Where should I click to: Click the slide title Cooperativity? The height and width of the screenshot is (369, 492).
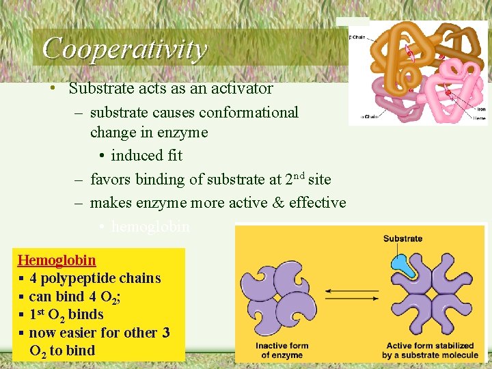124,49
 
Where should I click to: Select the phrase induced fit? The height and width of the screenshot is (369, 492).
146,156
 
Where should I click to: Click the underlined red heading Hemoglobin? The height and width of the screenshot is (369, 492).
57,260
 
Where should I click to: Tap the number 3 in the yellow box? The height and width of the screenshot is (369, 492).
165,333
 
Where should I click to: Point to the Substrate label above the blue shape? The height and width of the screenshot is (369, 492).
402,238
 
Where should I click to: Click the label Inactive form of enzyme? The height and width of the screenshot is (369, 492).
282,350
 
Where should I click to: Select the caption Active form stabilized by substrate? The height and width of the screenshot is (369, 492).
428,350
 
